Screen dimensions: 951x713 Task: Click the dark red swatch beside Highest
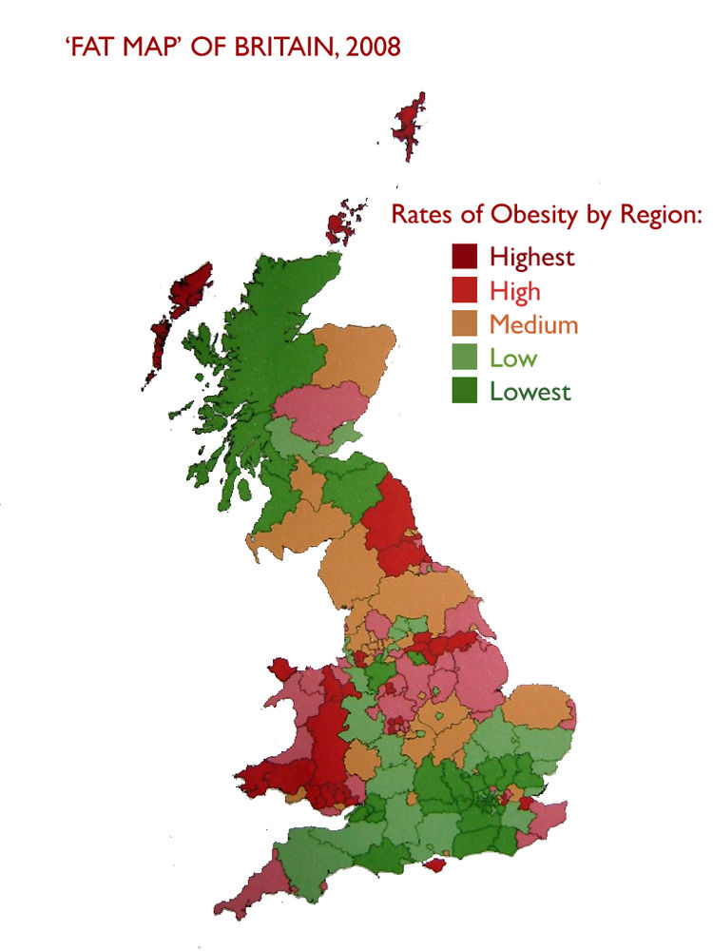click(464, 256)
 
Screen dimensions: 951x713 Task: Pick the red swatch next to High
click(464, 290)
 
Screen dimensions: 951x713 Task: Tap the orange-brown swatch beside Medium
click(464, 324)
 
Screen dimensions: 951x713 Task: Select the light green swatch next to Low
click(464, 358)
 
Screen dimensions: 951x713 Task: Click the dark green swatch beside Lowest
click(464, 391)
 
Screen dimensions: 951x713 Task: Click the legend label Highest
click(532, 256)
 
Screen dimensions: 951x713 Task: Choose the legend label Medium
click(533, 324)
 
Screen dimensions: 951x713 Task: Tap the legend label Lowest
click(530, 391)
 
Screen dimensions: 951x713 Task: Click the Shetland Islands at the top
click(411, 124)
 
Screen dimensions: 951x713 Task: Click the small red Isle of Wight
click(436, 865)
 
